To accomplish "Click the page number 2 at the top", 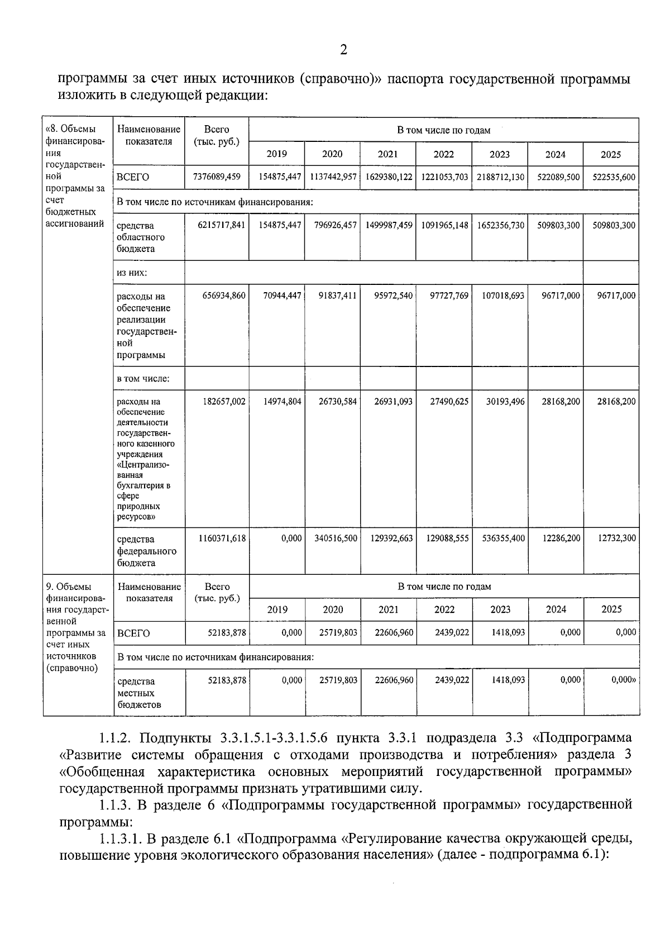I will (343, 50).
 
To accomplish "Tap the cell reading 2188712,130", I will (500, 177).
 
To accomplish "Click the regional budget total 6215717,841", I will (222, 225).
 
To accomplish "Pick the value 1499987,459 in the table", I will (389, 225).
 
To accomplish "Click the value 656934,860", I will (223, 296).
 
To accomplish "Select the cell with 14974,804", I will (282, 401).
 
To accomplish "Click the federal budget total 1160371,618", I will (222, 538).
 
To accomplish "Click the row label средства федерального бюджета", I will (146, 551).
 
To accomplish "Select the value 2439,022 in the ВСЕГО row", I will (452, 632).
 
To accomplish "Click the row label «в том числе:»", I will (142, 378).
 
